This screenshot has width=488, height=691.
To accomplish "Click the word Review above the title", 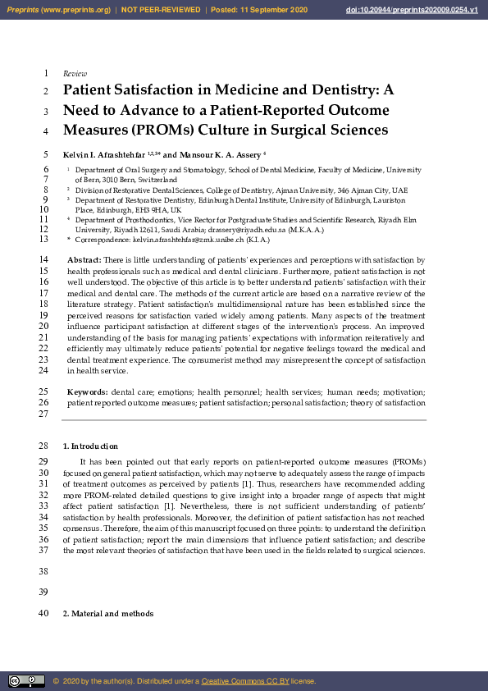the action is pos(75,74).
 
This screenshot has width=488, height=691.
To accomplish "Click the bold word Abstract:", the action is pos(84,259).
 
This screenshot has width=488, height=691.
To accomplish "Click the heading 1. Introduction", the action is pos(90,446).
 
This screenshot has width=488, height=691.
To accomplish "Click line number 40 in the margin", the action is pos(44,614).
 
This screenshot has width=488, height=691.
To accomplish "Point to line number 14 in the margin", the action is pos(44,259).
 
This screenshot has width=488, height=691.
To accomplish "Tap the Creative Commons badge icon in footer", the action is pos(26,681).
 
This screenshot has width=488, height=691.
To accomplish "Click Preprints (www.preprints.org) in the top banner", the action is pos(57,10).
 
